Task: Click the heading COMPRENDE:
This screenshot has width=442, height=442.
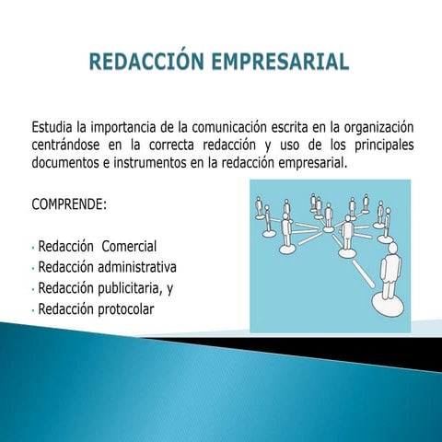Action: [69, 203]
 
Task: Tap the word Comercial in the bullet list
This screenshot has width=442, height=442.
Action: [129, 247]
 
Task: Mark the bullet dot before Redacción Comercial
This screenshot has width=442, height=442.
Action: [32, 249]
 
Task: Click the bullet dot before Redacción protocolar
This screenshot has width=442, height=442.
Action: [32, 310]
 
